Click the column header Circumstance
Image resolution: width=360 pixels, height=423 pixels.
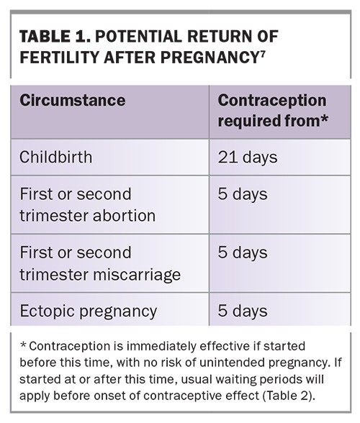tap(73, 101)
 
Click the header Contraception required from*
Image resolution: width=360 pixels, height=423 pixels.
tap(273, 110)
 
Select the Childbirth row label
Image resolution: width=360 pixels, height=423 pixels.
tap(55, 157)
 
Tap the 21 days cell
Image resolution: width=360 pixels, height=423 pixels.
tap(248, 158)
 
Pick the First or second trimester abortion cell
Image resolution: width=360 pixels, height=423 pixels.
tap(88, 205)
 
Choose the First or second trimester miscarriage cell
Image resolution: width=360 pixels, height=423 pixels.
tap(100, 263)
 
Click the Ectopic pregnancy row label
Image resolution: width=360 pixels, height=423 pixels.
tap(88, 311)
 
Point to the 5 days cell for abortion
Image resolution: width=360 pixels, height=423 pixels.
tap(243, 194)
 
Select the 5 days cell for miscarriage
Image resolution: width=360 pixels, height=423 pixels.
tap(243, 253)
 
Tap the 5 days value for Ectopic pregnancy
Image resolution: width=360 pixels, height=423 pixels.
tap(243, 311)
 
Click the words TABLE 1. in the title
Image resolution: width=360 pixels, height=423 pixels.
tap(55, 37)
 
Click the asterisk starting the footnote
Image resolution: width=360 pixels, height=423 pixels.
tap(23, 345)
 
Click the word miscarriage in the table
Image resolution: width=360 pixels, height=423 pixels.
tap(137, 275)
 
